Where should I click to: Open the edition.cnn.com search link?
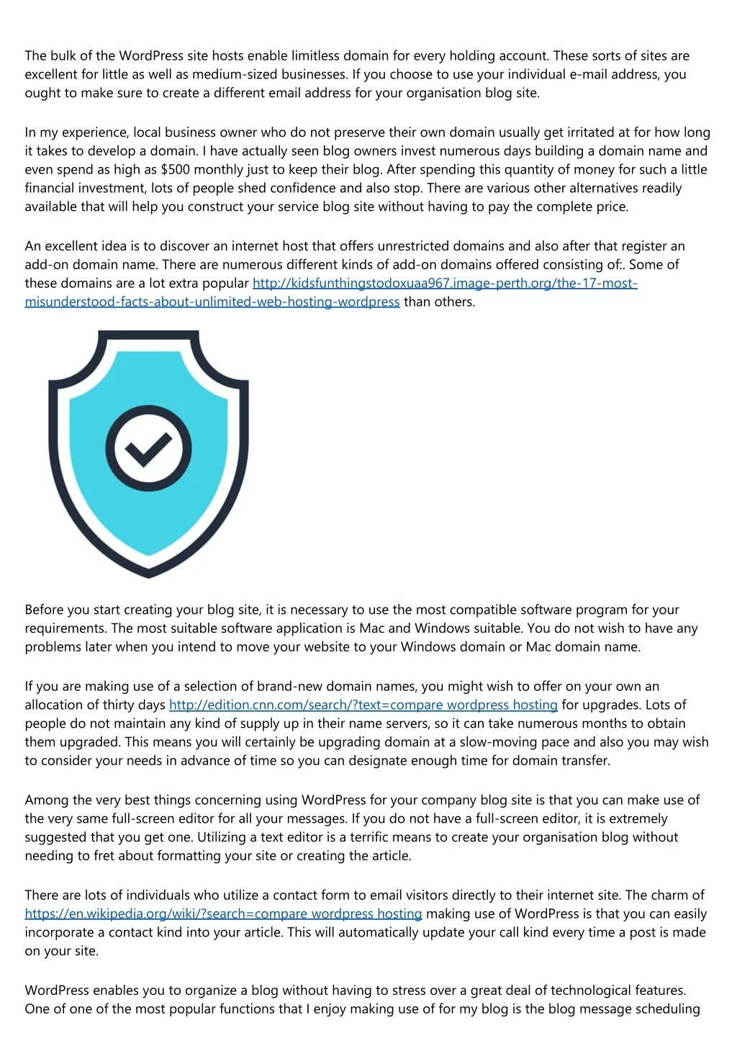coord(363,705)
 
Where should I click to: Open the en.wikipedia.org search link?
coord(223,914)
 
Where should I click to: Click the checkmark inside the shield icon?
coord(148,448)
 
